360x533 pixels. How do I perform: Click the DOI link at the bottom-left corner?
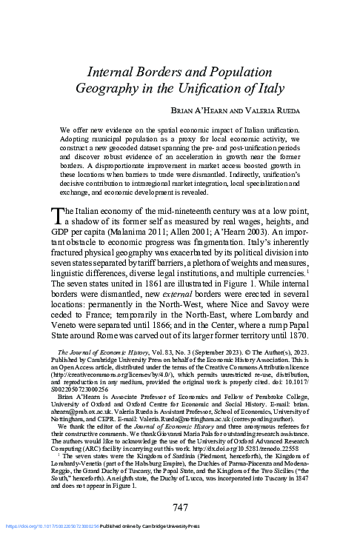(37, 526)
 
